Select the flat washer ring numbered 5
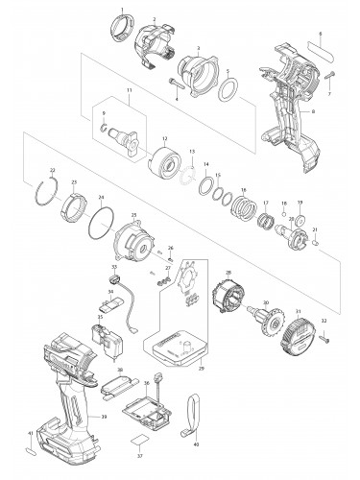point(230,91)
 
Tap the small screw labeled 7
point(327,74)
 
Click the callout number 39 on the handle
point(104,417)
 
